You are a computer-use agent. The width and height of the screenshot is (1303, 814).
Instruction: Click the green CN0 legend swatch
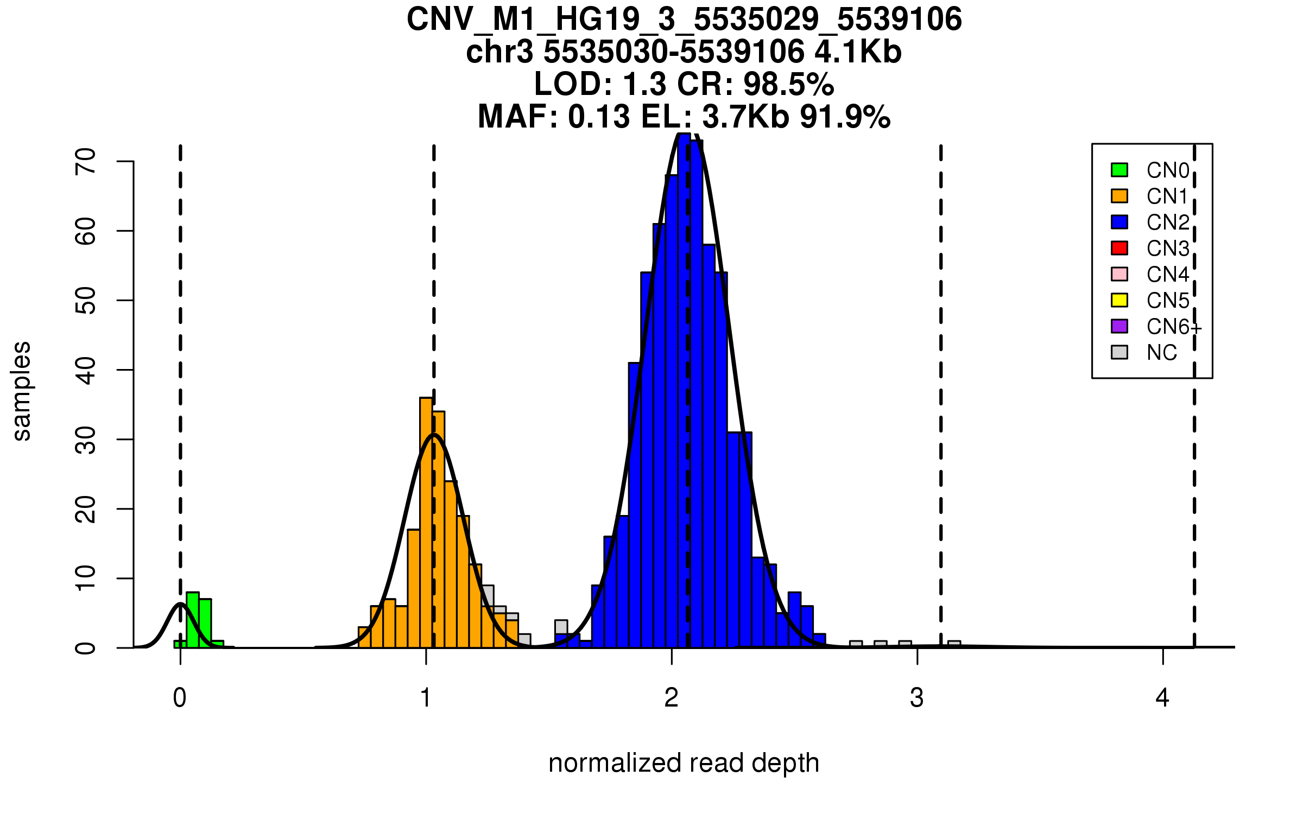[x=1119, y=170]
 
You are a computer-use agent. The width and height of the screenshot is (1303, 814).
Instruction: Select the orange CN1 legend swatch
[x=1119, y=196]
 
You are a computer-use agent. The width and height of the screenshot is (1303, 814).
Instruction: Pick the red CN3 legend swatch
[x=1119, y=248]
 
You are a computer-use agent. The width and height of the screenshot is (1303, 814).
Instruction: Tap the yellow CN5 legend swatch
[x=1119, y=300]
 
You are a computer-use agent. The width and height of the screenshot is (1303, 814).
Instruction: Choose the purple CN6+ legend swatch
[x=1119, y=326]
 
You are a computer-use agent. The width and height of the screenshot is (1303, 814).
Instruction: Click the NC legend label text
[x=1162, y=353]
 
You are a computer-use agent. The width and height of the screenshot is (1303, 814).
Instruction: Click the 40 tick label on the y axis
[x=85, y=370]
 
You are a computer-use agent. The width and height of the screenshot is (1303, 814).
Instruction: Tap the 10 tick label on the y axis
[x=85, y=578]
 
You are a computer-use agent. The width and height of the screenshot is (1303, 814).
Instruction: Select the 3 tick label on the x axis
[x=917, y=698]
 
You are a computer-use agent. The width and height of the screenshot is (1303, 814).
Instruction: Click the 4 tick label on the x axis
[x=1162, y=698]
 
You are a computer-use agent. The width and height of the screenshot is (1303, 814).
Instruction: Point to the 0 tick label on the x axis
[x=180, y=698]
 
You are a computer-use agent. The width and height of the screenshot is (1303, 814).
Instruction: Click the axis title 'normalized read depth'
[x=684, y=763]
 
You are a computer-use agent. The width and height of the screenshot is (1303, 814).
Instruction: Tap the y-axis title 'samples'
[x=22, y=391]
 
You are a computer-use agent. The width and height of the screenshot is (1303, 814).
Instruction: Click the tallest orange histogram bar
[x=426, y=521]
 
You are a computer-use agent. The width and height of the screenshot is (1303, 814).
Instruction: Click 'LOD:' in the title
[x=573, y=84]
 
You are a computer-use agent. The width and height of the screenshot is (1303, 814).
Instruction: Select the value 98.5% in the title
[x=788, y=84]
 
